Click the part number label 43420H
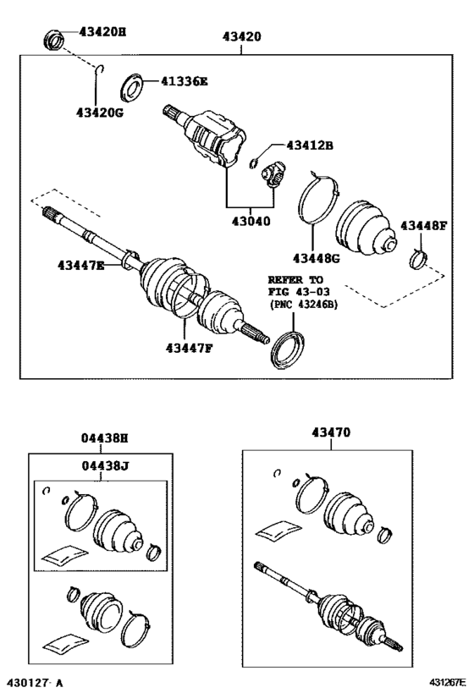tap(102, 32)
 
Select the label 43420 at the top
tap(241, 37)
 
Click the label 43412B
tap(309, 146)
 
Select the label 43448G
tap(316, 258)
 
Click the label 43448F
tap(424, 225)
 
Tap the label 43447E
tap(81, 266)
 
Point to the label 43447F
tap(189, 347)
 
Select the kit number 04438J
tap(104, 465)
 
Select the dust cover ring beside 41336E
tap(133, 85)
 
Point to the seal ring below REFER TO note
tap(288, 345)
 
